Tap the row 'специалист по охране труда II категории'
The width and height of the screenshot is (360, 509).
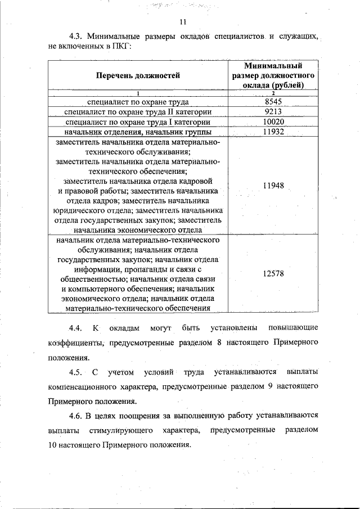pyautogui.click(x=138, y=111)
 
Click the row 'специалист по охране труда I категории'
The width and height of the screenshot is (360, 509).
pyautogui.click(x=138, y=121)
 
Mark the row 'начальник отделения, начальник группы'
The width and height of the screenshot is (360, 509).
pyautogui.click(x=138, y=132)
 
